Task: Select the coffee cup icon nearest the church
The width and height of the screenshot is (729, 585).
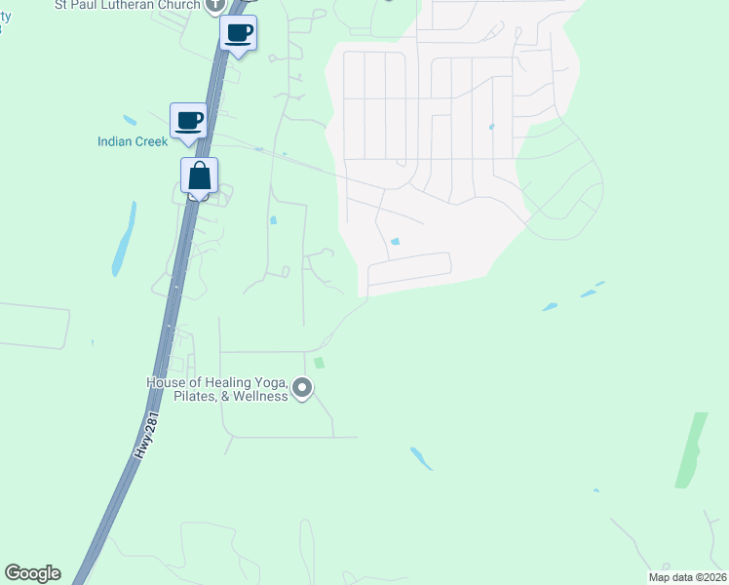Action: (x=239, y=34)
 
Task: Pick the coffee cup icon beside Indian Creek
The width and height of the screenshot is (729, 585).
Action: (x=189, y=122)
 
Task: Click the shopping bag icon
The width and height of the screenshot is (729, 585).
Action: (x=199, y=176)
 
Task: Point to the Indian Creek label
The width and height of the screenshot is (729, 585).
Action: (x=132, y=142)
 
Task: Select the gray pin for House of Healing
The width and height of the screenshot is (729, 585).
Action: (x=302, y=390)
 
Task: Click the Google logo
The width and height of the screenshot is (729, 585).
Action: (x=32, y=573)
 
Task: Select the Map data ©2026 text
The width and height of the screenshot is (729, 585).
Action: (x=686, y=577)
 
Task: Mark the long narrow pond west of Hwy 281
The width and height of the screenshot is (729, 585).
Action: (x=123, y=240)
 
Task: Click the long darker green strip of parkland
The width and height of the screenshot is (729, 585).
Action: (x=691, y=449)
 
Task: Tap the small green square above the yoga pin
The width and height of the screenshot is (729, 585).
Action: (x=318, y=363)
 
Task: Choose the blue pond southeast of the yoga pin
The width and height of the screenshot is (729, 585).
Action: (x=421, y=457)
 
